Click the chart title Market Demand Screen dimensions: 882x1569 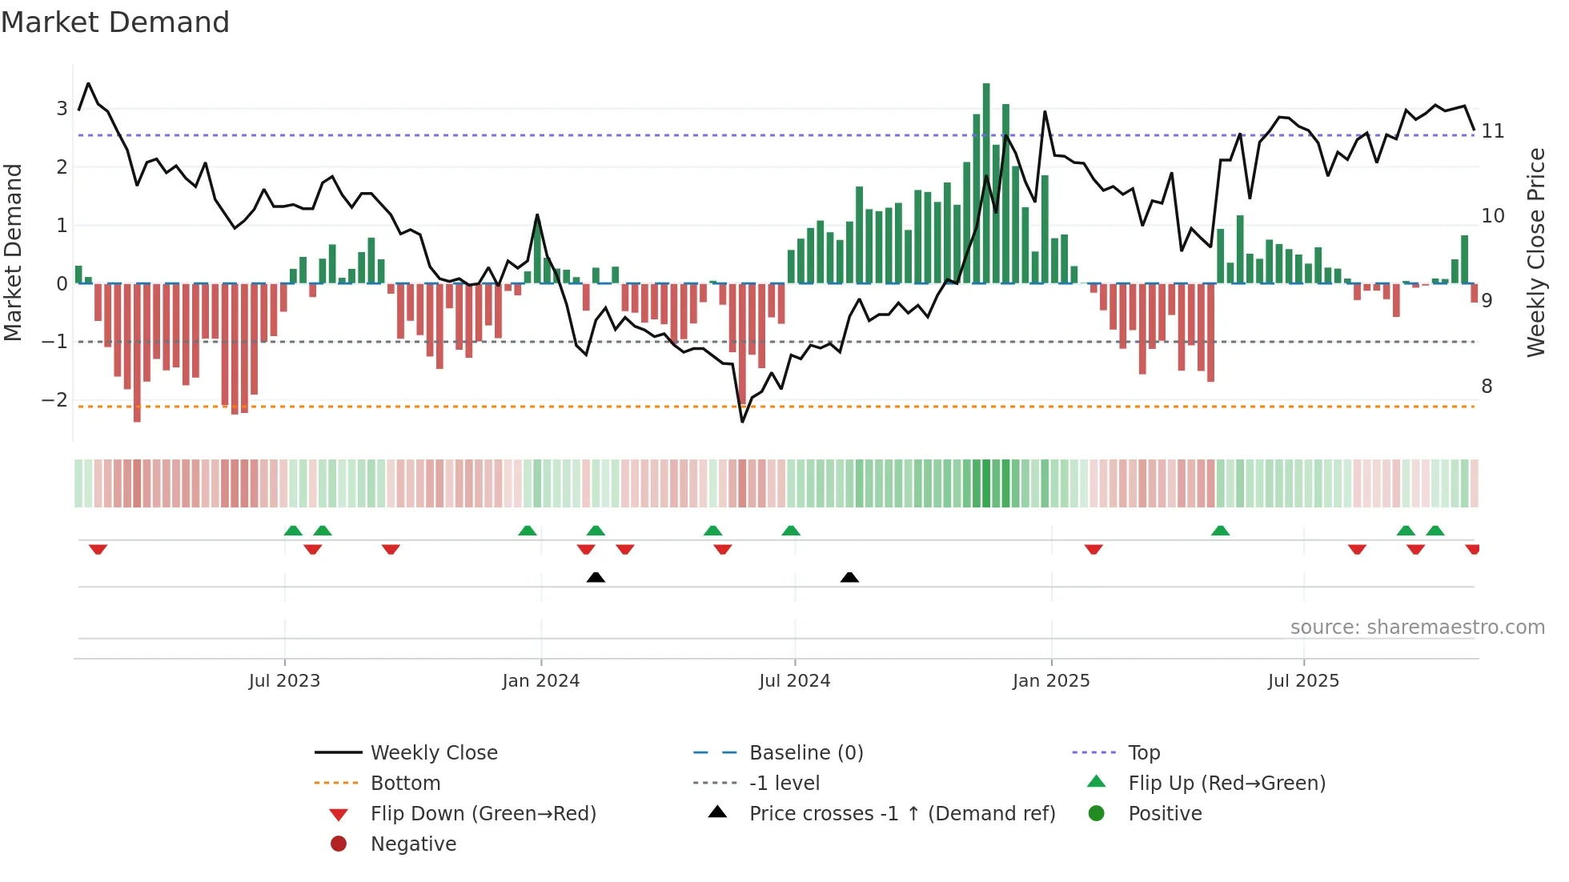[x=115, y=22]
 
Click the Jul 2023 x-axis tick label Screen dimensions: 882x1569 [x=284, y=681]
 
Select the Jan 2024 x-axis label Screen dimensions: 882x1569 [x=540, y=681]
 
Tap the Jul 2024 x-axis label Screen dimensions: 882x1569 [x=794, y=681]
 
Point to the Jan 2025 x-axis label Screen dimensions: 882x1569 [x=1050, y=681]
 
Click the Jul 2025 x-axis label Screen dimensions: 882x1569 [x=1303, y=681]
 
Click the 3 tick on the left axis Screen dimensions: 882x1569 [x=62, y=109]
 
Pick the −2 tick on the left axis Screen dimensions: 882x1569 [x=54, y=400]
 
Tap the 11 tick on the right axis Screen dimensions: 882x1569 [x=1493, y=131]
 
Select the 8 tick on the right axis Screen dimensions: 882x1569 [x=1487, y=387]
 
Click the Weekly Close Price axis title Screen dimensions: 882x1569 [x=1535, y=252]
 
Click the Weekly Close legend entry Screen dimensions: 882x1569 [x=433, y=753]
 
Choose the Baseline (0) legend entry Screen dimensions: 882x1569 [x=805, y=753]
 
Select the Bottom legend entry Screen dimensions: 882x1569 [x=405, y=784]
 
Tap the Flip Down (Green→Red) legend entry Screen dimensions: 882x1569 [x=483, y=814]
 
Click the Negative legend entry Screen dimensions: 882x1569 [x=413, y=844]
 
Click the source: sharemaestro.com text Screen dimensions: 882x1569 [x=1417, y=627]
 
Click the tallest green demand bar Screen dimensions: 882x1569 [x=986, y=184]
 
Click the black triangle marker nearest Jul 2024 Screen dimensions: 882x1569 [x=849, y=577]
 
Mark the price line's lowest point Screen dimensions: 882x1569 [x=742, y=421]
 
